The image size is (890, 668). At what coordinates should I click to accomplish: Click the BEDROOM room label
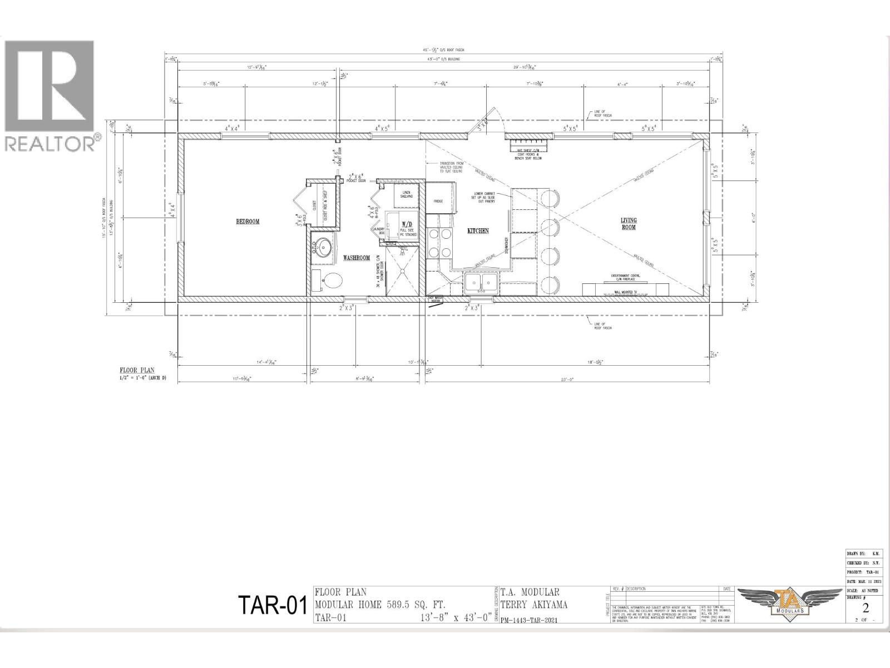248,222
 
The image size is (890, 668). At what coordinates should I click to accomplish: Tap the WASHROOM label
357,258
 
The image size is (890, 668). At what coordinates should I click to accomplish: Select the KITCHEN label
478,230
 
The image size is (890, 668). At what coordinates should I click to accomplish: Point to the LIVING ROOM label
629,224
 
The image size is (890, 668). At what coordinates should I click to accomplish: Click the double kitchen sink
481,282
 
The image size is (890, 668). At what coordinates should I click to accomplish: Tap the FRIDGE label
439,201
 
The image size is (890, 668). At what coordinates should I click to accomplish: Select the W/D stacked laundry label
406,225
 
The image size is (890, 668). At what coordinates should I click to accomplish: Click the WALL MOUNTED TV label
625,291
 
